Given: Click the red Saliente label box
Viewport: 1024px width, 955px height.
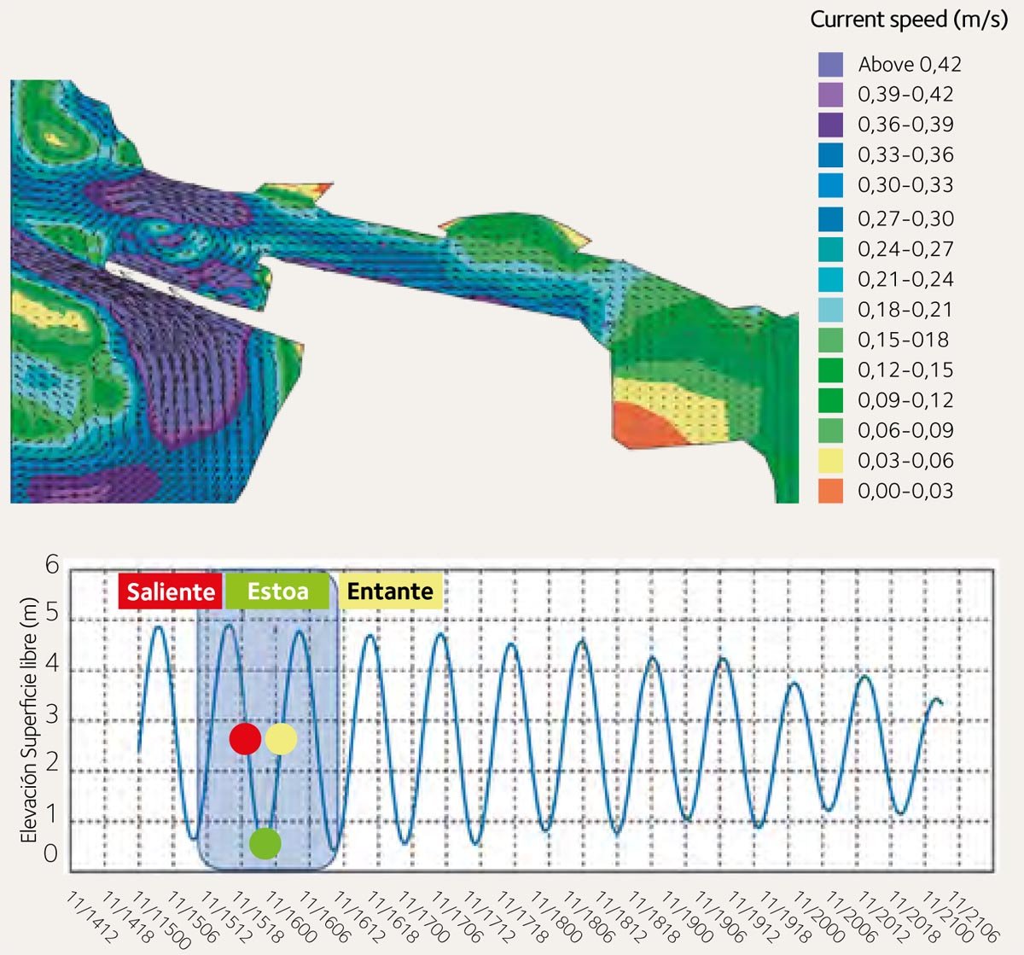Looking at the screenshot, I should (171, 591).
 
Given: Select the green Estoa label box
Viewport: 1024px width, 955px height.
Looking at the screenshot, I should (277, 591).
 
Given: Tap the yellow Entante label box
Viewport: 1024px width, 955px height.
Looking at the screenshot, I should (391, 591).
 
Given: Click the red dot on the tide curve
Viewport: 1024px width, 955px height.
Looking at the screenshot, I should (245, 739).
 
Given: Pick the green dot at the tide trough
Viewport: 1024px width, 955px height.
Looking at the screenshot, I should (265, 843).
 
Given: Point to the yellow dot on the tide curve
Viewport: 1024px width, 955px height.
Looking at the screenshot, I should (281, 739).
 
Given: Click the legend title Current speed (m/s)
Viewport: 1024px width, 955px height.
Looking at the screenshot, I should (909, 20).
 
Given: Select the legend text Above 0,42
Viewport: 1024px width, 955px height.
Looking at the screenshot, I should (910, 65).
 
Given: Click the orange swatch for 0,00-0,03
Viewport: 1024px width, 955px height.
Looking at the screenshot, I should (830, 491).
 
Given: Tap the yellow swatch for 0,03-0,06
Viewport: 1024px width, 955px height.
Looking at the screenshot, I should (830, 461).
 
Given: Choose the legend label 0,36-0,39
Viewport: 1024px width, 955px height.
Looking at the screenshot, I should (905, 125).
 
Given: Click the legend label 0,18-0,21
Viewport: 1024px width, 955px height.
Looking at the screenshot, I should (905, 310).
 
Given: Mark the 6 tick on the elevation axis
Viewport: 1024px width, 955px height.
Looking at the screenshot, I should (52, 565).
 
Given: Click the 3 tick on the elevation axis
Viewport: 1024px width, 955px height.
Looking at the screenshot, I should (52, 715).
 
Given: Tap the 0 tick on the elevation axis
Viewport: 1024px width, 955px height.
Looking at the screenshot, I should (52, 853).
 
